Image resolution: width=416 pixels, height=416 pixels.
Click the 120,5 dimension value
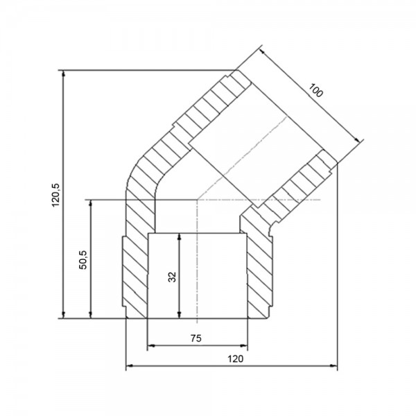coord(56,195)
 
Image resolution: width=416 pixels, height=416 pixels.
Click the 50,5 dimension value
coord(83,260)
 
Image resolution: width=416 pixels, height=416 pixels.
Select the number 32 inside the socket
coord(172,277)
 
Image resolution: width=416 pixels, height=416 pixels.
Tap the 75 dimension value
coord(196,338)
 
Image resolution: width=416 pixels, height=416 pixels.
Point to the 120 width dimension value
coord(235,359)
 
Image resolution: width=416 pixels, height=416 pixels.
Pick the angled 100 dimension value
coord(316,90)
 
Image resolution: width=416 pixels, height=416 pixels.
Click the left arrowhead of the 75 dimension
coord(151,345)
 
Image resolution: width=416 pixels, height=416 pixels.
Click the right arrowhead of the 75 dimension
coord(243,345)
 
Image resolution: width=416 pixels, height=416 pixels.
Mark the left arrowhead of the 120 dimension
coord(130,366)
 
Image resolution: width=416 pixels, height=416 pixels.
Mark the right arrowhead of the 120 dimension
coord(333,366)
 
